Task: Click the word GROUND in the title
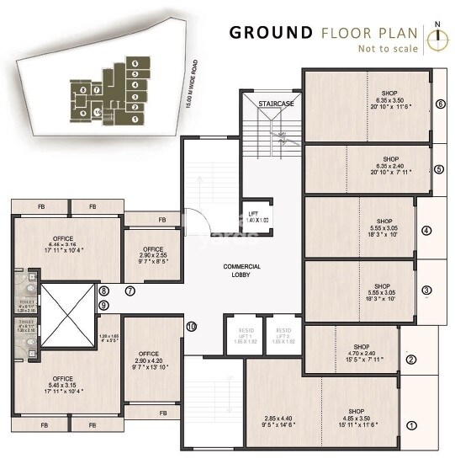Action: [271, 33]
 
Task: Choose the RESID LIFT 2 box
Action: [283, 334]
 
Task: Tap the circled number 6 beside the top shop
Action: [440, 104]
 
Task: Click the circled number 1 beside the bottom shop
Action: [411, 426]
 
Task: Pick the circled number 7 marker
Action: [130, 291]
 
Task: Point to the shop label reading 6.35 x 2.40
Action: [390, 165]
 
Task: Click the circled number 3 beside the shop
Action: [426, 291]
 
